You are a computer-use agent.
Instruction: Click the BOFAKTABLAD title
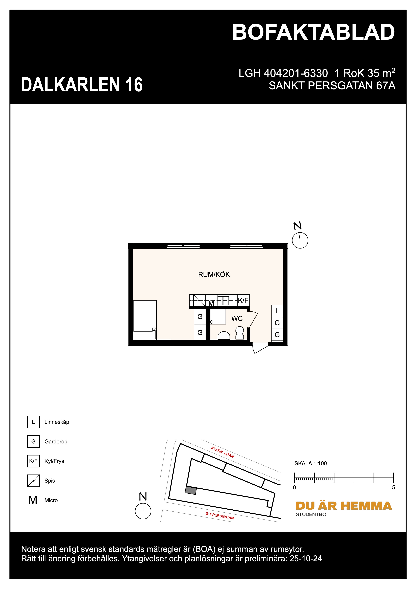tap(313, 33)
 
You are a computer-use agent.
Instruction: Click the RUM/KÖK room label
tap(214, 275)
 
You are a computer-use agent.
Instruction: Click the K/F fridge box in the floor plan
tap(243, 300)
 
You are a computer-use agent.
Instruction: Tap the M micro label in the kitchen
tap(211, 303)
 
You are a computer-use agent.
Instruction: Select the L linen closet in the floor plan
tap(277, 311)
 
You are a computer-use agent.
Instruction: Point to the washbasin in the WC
tap(224, 335)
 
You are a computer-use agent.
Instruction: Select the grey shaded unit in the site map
tap(191, 490)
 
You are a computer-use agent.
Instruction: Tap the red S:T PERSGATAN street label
tap(220, 516)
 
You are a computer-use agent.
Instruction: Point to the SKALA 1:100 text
tap(310, 463)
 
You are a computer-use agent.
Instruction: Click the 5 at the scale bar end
tap(394, 487)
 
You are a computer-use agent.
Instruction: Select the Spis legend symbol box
tap(33, 481)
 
